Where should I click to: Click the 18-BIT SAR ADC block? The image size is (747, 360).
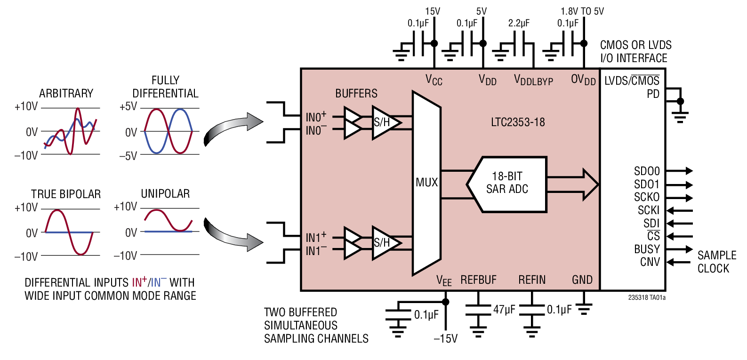[x=507, y=183]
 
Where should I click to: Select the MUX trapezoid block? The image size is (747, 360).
[x=426, y=183]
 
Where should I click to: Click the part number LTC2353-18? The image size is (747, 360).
[x=518, y=122]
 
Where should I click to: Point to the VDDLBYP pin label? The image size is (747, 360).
[x=533, y=80]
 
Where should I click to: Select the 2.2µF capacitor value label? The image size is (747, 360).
[x=519, y=23]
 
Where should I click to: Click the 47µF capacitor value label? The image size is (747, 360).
[x=504, y=310]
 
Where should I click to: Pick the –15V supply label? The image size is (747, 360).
[x=445, y=338]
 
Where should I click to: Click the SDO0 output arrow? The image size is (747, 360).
[x=680, y=171]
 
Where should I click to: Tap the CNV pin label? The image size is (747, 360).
[x=650, y=262]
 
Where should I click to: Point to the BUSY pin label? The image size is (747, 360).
[x=647, y=249]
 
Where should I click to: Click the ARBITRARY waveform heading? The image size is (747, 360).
[x=66, y=93]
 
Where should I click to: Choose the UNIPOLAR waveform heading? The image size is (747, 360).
[x=165, y=193]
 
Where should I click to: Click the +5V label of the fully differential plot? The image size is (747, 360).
[x=128, y=106]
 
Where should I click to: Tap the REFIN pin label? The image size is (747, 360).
[x=532, y=280]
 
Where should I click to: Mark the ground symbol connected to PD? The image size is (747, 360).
[x=680, y=116]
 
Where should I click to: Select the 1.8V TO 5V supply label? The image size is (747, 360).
[x=582, y=11]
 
